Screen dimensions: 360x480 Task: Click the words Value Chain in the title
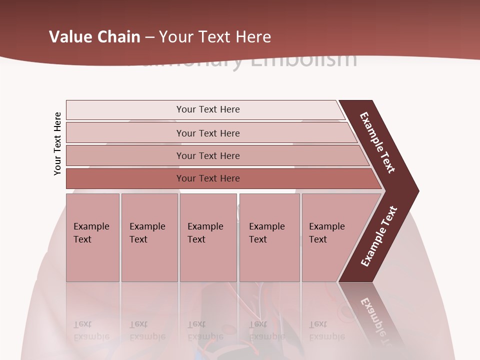(94, 37)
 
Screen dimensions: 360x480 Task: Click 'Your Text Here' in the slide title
(215, 37)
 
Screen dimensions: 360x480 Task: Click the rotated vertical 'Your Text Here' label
(57, 143)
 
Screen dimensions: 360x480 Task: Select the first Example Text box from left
(92, 237)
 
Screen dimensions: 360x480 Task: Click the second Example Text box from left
(149, 237)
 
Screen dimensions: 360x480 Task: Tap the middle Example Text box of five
(208, 237)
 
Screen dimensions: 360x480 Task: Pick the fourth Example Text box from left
(269, 237)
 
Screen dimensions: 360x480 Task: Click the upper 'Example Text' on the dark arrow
(378, 142)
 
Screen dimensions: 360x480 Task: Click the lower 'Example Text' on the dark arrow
(379, 236)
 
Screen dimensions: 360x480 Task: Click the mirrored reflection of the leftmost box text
(91, 330)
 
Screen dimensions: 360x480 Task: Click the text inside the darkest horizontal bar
(208, 178)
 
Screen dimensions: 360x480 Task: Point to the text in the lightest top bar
(208, 109)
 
